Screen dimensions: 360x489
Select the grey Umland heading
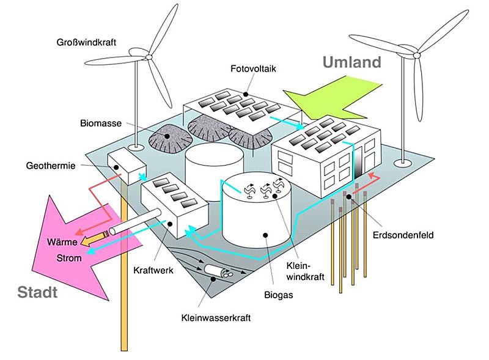(351, 62)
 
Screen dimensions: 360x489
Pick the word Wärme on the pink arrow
(62, 242)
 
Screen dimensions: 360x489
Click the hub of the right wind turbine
(417, 55)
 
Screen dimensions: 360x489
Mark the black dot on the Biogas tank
(267, 234)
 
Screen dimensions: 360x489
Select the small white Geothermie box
(124, 164)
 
